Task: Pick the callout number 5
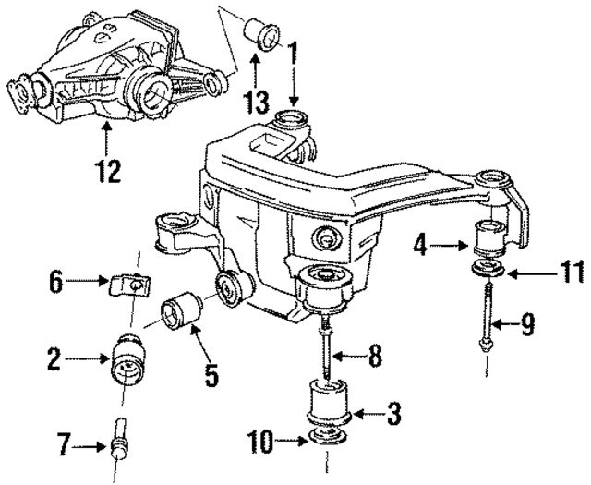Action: point(211,375)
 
